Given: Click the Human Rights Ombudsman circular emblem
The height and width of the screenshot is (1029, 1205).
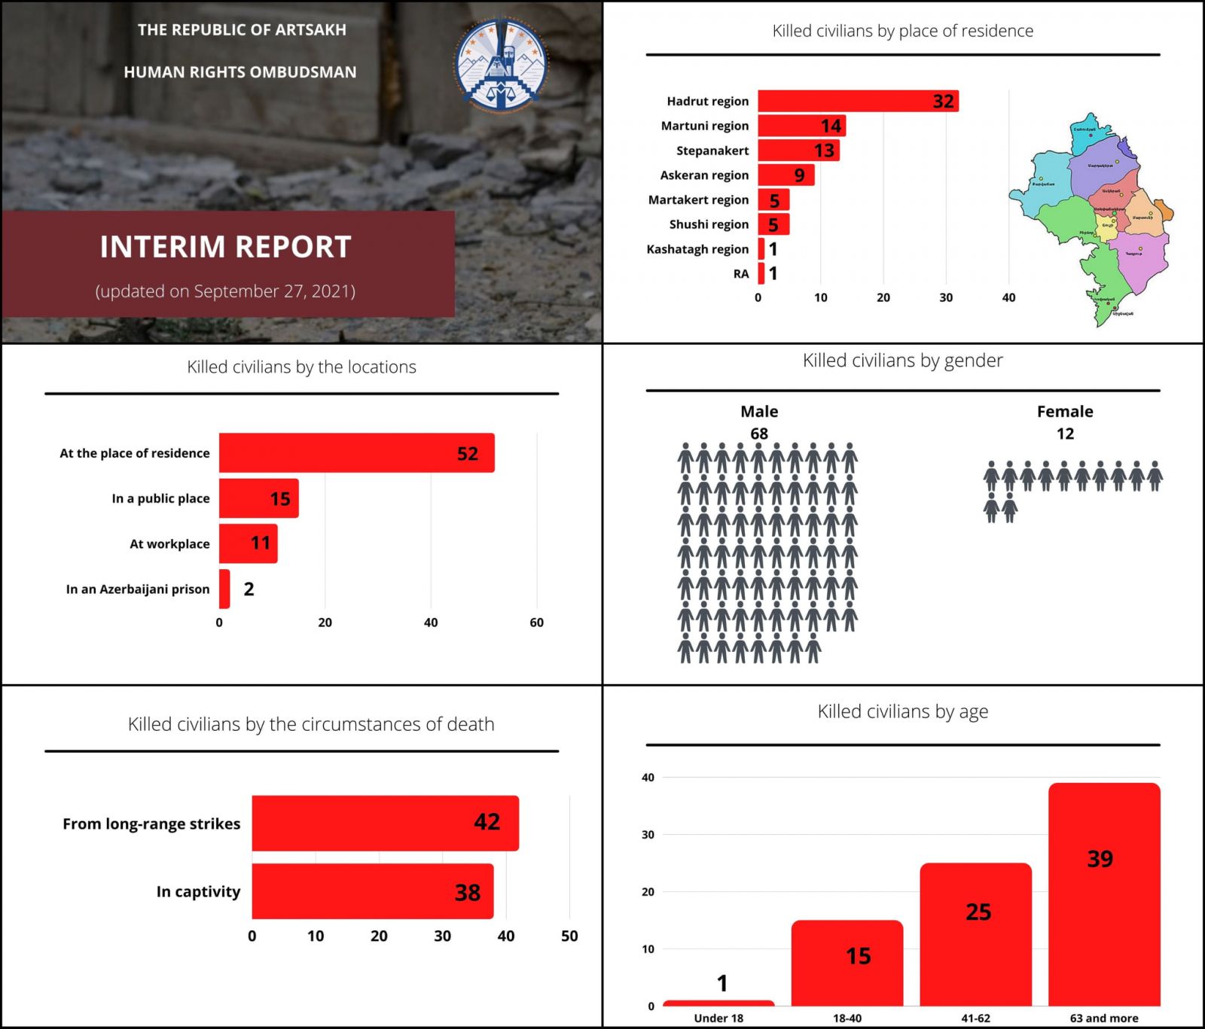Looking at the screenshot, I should (x=502, y=65).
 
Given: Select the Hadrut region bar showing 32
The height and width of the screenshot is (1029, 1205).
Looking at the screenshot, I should (x=857, y=101).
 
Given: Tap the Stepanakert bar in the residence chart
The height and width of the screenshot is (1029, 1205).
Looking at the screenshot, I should (x=798, y=151).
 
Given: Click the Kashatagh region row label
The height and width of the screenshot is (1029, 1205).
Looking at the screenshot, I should (x=697, y=249).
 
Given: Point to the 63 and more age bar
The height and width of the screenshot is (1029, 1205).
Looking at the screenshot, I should (x=1103, y=894).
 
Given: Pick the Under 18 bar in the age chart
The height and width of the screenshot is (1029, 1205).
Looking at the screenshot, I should (x=718, y=1003).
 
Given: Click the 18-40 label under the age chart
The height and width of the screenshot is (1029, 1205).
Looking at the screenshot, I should (x=847, y=1018).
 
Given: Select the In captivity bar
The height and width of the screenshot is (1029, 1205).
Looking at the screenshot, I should (x=372, y=891).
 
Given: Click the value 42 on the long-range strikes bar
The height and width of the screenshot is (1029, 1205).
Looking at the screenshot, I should (x=487, y=822).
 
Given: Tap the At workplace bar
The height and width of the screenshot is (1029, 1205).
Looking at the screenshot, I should (x=248, y=543).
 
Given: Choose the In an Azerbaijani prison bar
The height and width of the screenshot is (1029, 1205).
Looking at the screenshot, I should (x=224, y=589).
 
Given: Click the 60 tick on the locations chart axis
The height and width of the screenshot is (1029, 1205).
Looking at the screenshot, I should (x=536, y=623).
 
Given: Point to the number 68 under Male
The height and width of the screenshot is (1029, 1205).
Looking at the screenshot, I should (x=758, y=434).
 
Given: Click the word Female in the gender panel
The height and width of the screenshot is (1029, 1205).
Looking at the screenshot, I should (x=1064, y=412).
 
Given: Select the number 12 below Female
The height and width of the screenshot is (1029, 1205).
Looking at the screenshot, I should (x=1064, y=434).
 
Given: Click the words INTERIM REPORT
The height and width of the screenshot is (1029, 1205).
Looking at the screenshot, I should (x=225, y=247).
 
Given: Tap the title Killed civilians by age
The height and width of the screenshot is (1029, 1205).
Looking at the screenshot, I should (x=902, y=711).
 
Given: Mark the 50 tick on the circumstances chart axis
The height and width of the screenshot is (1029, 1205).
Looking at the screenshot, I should (x=569, y=936).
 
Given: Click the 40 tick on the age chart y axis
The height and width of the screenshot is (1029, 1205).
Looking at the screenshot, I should (x=648, y=778).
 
